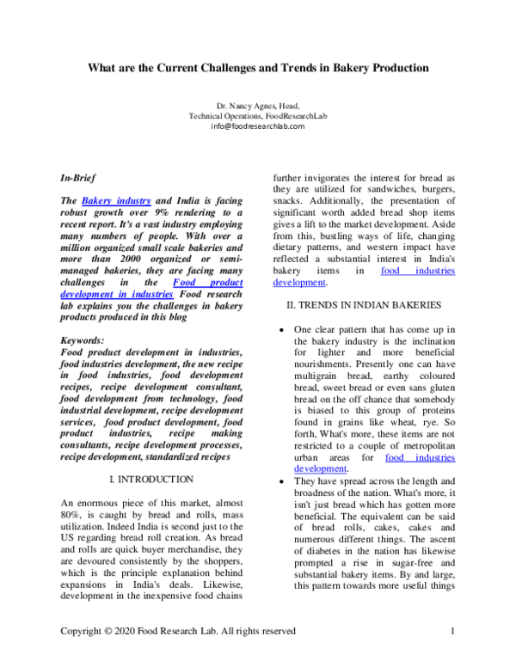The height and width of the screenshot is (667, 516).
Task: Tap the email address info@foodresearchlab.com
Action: click(258, 126)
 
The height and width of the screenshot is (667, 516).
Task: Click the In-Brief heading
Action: click(78, 178)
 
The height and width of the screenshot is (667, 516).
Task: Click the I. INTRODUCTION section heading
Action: click(151, 479)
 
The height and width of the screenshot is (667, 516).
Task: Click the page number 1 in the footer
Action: click(452, 632)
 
